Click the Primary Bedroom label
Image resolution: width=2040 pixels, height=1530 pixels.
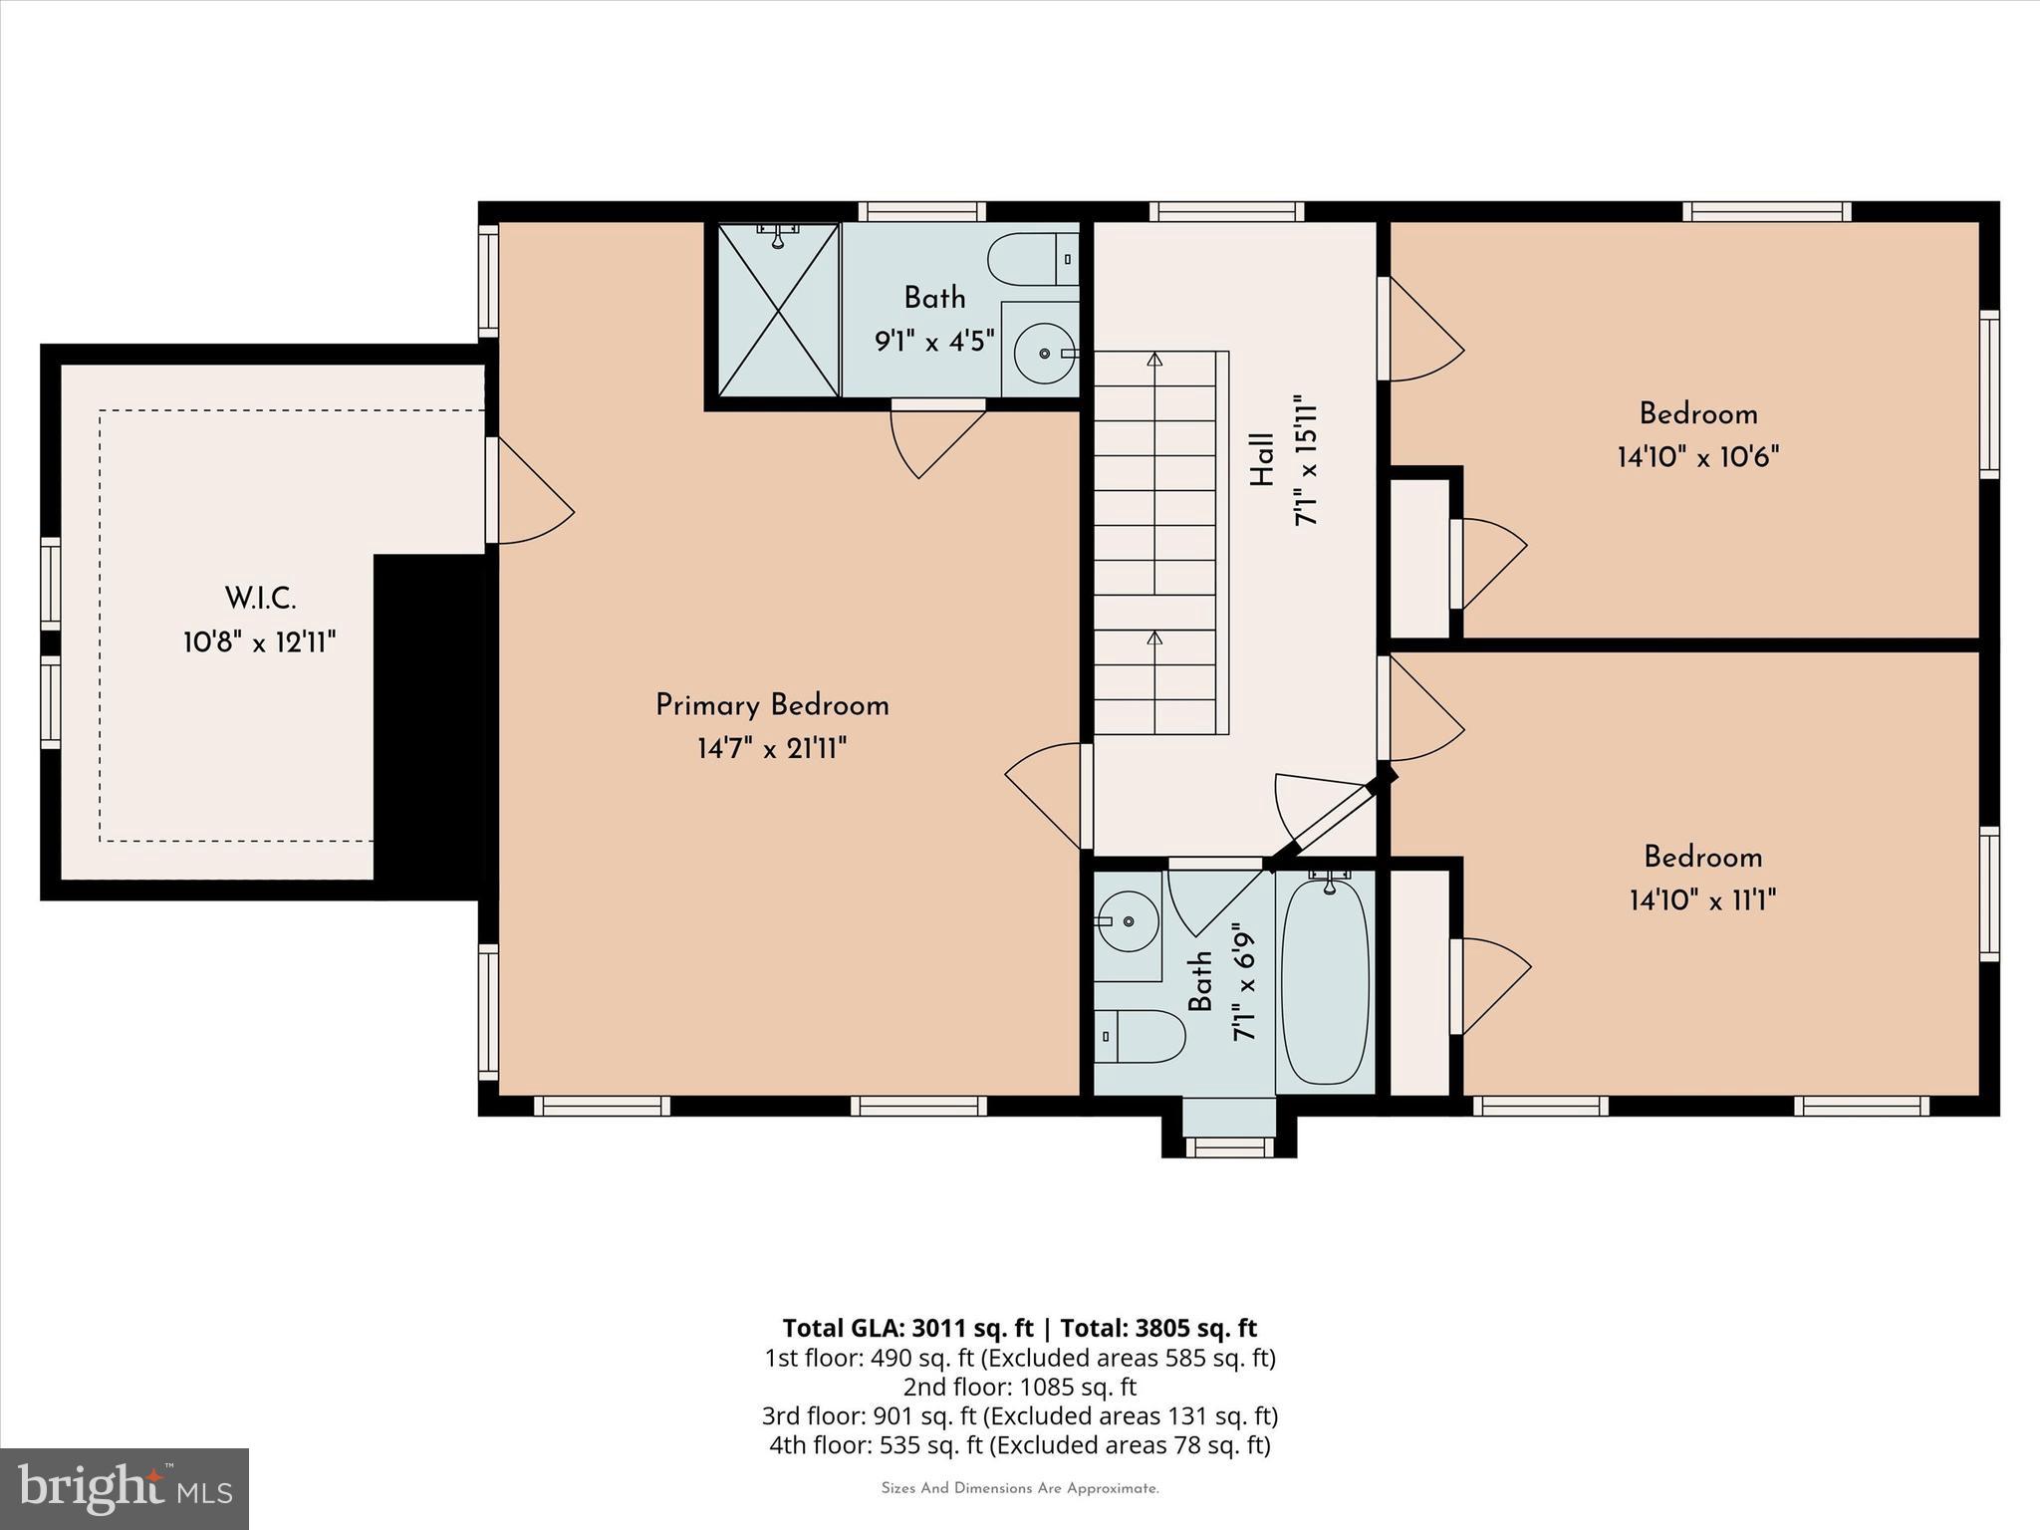pos(772,705)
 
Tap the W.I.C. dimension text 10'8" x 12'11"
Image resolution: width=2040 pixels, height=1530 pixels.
pos(259,642)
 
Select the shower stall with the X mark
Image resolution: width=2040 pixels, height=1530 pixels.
pos(778,309)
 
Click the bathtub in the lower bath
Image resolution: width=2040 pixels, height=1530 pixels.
pos(1325,981)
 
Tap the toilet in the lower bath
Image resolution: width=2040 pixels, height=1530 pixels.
pos(1140,1036)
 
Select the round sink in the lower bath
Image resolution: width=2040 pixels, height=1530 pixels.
pos(1128,921)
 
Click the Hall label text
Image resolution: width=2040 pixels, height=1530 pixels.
pos(1261,459)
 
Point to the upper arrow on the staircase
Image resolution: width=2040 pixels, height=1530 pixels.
pos(1154,360)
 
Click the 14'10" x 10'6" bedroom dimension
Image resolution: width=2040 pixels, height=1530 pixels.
pos(1698,457)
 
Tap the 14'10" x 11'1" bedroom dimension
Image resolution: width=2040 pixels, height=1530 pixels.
pos(1702,900)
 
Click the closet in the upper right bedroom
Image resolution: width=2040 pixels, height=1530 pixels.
pos(1419,558)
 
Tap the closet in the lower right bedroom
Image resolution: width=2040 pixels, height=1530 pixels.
pos(1419,981)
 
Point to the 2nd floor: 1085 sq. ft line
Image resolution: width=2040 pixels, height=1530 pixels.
pos(1019,1387)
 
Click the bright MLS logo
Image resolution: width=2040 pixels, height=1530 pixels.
pos(125,1488)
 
